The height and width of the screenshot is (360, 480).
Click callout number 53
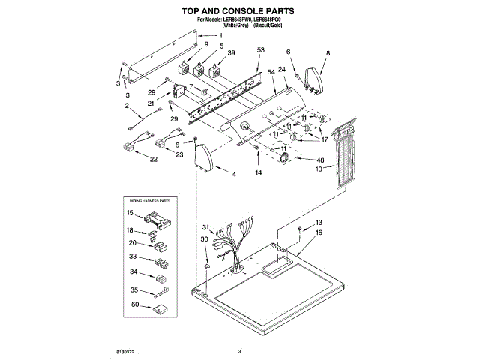[261, 50]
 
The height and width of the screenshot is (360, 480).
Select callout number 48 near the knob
[320, 161]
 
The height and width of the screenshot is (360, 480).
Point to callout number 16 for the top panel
[319, 233]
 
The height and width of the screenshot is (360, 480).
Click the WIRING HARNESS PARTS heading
[150, 202]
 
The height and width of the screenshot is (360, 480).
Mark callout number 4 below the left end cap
[233, 175]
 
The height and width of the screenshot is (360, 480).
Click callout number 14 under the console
[258, 172]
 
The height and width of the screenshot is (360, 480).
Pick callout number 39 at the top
[232, 54]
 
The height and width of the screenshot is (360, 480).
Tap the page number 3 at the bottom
[239, 350]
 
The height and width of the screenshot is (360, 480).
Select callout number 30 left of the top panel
[204, 239]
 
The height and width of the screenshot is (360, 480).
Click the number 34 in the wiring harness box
[134, 272]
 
